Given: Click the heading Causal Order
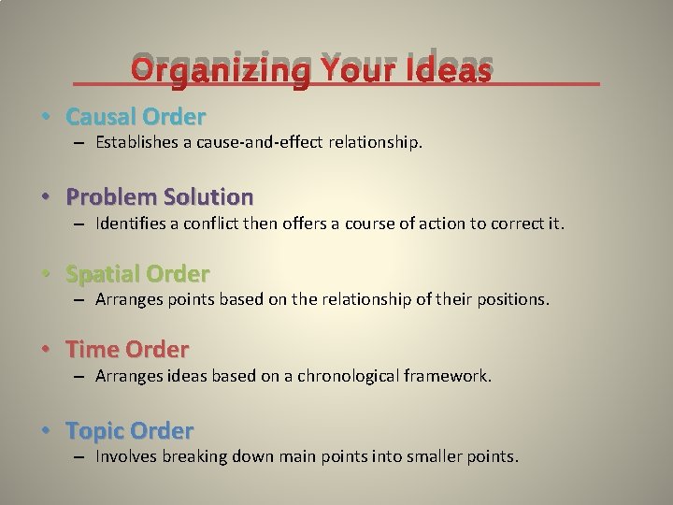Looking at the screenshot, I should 136,117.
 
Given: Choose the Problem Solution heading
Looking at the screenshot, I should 160,196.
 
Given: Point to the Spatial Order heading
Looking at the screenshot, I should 137,274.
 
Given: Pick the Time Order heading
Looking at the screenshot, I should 127,350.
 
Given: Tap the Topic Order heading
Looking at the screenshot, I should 130,431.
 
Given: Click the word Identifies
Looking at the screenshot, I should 130,224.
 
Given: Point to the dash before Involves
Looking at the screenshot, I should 80,456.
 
